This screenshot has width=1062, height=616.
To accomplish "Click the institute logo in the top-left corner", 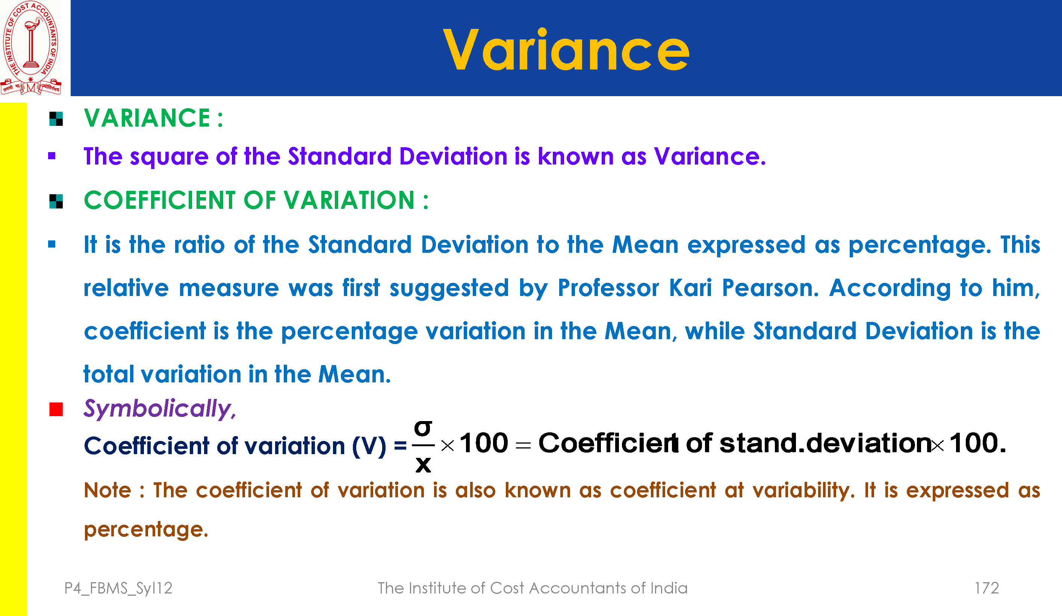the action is [31, 48].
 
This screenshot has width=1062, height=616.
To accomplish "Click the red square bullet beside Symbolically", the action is [56, 409].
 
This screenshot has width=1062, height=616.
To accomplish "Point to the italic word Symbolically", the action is [160, 409].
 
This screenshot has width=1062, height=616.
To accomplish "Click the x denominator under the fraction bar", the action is [423, 465].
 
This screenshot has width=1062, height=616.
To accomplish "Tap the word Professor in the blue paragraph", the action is [608, 288].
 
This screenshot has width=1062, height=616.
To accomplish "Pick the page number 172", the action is [986, 588].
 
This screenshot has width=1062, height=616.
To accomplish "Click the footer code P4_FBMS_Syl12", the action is [118, 588].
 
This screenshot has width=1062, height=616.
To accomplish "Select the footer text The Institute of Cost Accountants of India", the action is [532, 588].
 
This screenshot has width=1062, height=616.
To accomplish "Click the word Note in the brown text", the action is [107, 491].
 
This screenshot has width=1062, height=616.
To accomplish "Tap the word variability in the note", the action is [803, 491].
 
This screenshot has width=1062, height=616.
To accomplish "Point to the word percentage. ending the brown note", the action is [146, 530].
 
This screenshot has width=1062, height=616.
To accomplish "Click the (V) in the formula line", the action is [369, 446].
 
